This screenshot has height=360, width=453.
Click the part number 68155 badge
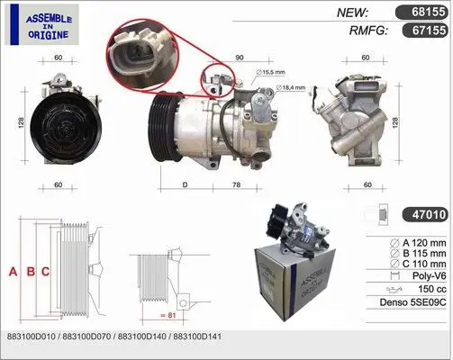421,12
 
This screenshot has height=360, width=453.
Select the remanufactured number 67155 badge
425,31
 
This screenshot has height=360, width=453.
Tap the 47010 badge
425,214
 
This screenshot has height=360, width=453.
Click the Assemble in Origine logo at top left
42,24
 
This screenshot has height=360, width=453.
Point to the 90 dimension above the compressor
240,58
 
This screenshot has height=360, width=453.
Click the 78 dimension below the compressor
237,184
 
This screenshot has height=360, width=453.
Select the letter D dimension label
185,184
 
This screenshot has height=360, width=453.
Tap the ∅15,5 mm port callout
270,72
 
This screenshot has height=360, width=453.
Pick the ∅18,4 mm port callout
290,87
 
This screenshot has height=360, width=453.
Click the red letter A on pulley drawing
13,272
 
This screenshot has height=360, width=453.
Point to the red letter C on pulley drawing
45,272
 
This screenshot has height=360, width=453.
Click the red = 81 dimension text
168,315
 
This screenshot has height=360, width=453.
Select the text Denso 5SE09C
412,302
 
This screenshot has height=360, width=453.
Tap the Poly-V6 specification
429,275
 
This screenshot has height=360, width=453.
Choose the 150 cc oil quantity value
432,289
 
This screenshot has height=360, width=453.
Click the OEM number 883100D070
86,337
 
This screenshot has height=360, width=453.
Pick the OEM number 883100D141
197,337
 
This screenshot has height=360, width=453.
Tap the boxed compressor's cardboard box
295,281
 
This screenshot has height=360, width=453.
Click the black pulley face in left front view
66,128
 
